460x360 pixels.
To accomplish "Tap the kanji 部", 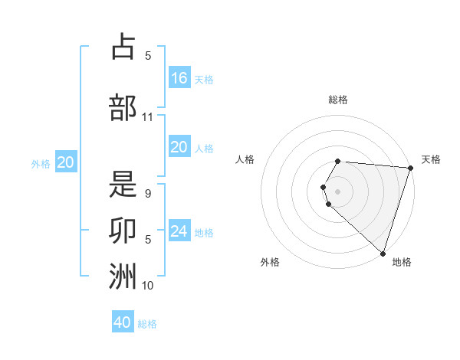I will (x=123, y=107).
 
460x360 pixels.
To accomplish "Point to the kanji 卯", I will (x=123, y=230).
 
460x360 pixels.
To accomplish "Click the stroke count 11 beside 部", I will (x=148, y=117).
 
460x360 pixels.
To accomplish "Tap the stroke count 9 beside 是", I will (x=148, y=195).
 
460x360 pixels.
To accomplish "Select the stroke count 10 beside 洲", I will (x=148, y=286).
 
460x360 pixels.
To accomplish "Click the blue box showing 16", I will (x=179, y=78).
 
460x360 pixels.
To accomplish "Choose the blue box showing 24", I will (x=179, y=231).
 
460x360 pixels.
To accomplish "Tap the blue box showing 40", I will (x=123, y=322).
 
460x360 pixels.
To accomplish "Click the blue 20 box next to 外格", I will (x=66, y=162).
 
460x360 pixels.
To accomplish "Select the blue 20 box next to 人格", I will (x=179, y=147).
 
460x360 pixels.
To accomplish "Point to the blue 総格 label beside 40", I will (x=147, y=324).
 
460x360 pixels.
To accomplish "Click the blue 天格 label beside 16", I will (x=204, y=80).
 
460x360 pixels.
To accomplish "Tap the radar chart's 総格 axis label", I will (x=338, y=100).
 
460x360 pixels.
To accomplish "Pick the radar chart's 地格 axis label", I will (x=402, y=262).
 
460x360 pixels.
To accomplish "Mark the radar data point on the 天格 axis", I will (x=410, y=168).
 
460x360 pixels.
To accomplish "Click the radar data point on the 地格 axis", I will (x=383, y=253).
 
